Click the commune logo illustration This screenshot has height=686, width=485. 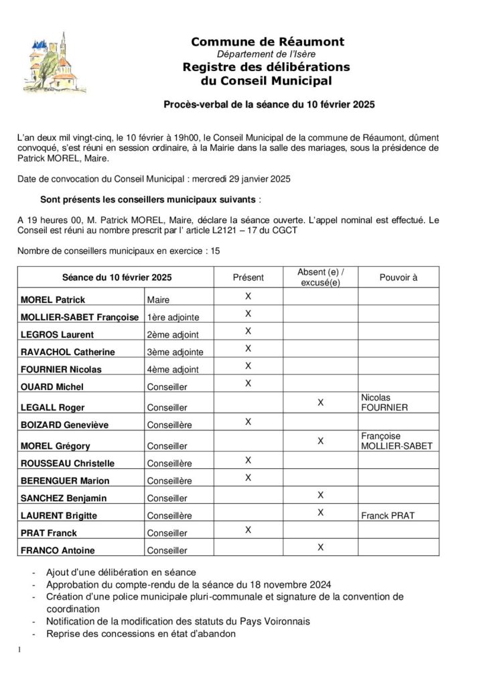tap(58, 59)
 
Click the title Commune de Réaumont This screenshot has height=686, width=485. tap(267, 42)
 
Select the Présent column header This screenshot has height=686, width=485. tap(248, 277)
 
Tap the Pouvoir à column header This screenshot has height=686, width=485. tap(398, 277)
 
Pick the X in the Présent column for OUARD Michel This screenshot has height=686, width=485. tap(248, 383)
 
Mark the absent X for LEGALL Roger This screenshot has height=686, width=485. tap(320, 403)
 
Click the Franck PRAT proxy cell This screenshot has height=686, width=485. tap(388, 516)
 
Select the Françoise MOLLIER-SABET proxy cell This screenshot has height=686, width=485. tap(396, 440)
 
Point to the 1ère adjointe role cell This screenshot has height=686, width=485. tap(172, 317)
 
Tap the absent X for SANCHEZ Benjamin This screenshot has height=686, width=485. tap(320, 495)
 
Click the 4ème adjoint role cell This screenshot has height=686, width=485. tap(172, 369)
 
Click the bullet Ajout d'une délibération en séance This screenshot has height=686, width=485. tap(121, 572)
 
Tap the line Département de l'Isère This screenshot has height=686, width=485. tap(267, 54)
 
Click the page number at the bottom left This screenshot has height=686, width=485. tap(21, 650)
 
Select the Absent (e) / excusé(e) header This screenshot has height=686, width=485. tap(320, 277)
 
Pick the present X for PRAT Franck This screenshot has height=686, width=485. tap(248, 530)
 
